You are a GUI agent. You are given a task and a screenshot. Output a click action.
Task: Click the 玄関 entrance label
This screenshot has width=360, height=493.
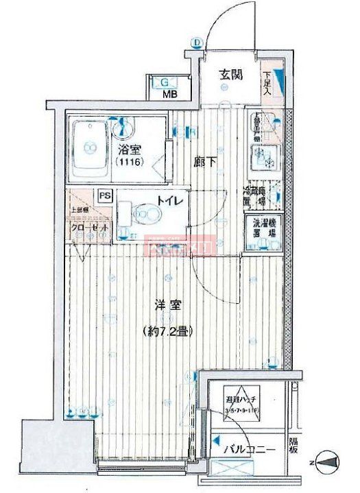[x=230, y=75]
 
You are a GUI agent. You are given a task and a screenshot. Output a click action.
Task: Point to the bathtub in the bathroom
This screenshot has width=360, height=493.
[x=88, y=145]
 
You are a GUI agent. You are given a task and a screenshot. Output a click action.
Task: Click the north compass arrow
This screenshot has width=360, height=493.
[x=331, y=463]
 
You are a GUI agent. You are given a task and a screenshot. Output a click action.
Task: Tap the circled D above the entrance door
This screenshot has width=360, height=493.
[x=197, y=43]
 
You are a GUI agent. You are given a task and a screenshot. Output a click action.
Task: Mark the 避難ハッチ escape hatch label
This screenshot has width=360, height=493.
[x=243, y=399]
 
